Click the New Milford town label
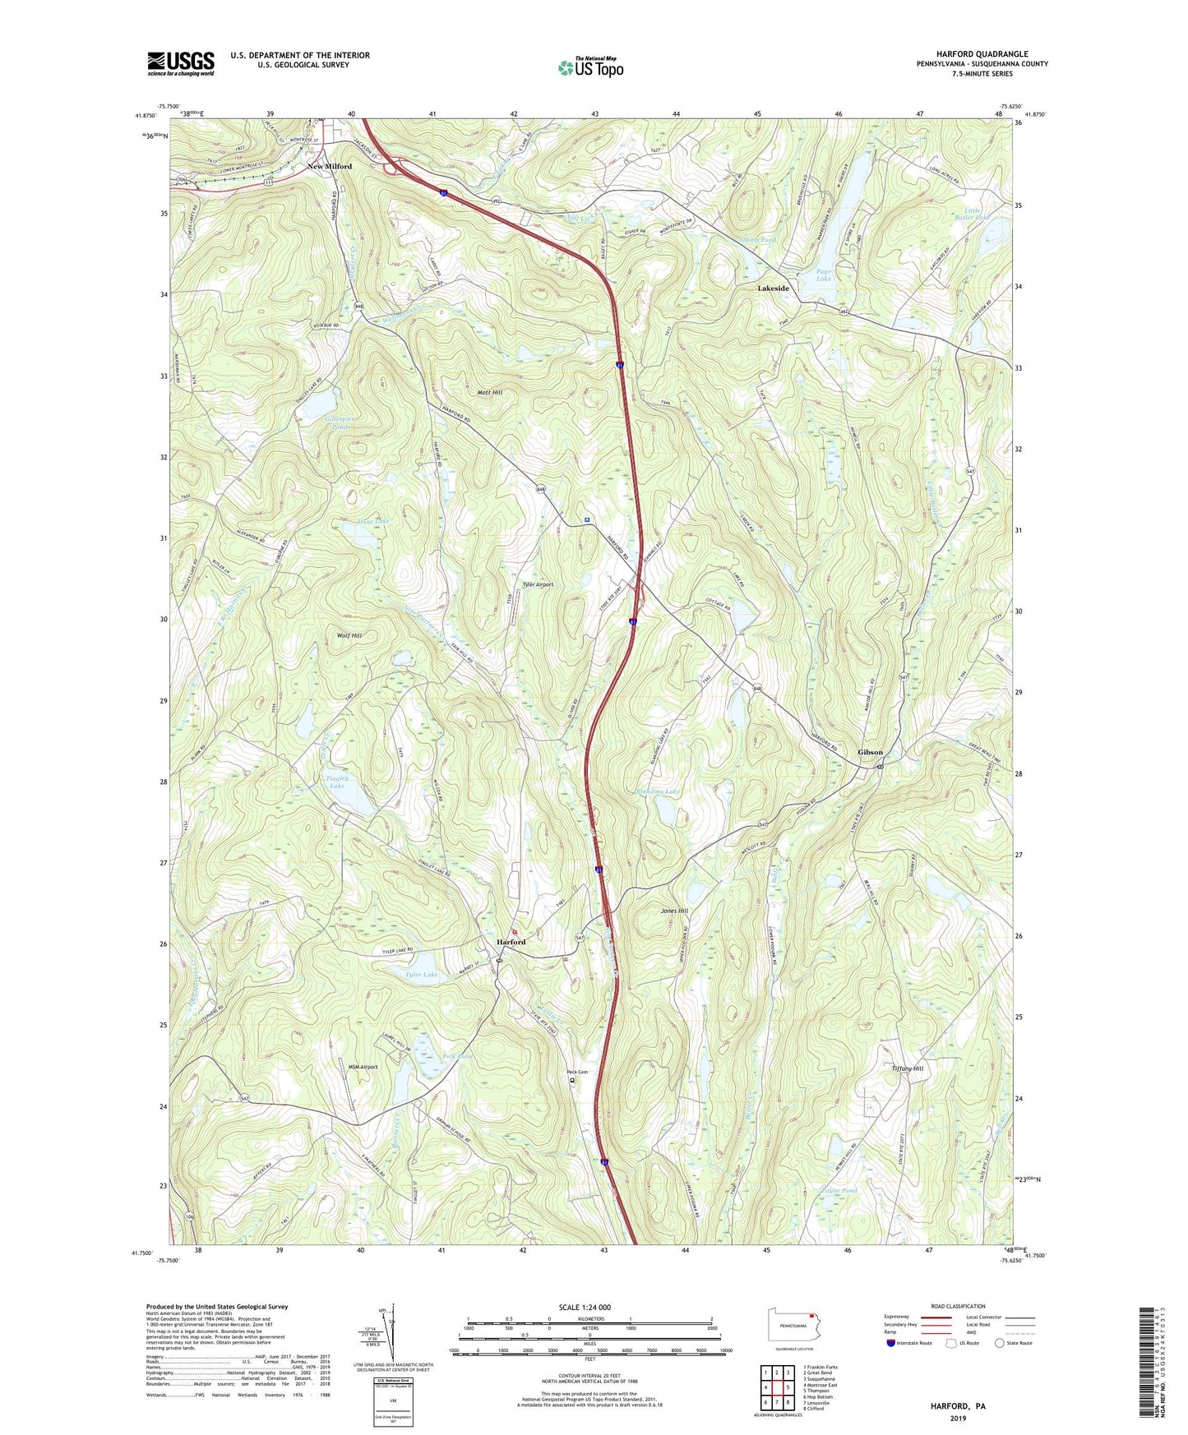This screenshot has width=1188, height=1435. [x=330, y=166]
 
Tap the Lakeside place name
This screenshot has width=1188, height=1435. [x=773, y=288]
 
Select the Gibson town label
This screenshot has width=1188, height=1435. [x=870, y=752]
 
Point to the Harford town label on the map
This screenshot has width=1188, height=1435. [x=511, y=942]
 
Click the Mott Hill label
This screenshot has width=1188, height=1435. [x=490, y=393]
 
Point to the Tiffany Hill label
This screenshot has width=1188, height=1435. [x=908, y=1068]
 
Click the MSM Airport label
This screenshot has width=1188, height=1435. [x=362, y=1067]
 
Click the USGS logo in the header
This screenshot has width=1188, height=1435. [x=181, y=63]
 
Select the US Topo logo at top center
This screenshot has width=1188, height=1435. [x=590, y=67]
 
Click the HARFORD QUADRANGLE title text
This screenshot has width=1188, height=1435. [x=982, y=54]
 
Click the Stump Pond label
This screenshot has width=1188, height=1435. [x=757, y=241]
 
